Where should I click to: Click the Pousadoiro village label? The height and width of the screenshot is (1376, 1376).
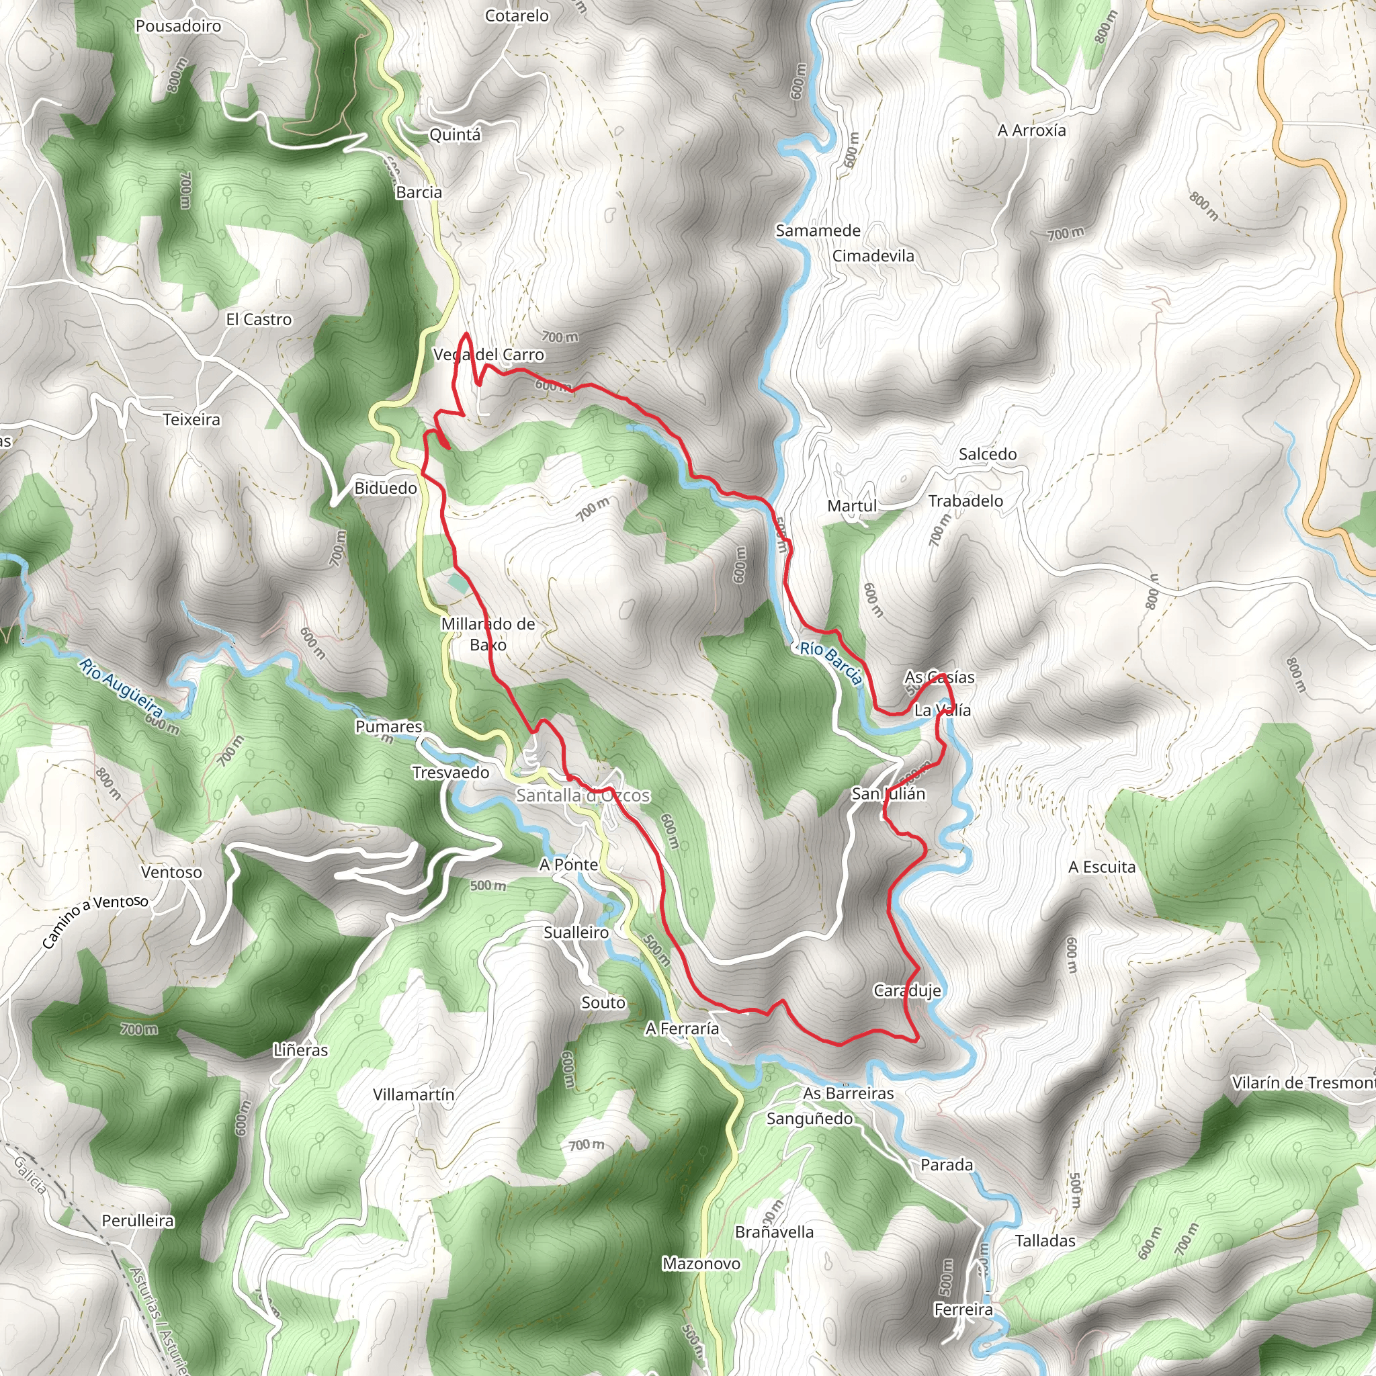pyautogui.click(x=178, y=26)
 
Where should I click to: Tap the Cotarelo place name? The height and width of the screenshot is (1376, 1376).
pyautogui.click(x=517, y=15)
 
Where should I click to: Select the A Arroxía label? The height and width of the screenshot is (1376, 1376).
pyautogui.click(x=1031, y=130)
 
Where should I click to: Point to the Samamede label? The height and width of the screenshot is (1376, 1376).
pyautogui.click(x=818, y=230)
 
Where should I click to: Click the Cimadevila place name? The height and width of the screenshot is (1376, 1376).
pyautogui.click(x=873, y=256)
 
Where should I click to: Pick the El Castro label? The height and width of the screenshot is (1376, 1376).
pyautogui.click(x=259, y=320)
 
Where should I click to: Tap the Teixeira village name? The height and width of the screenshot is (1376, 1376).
pyautogui.click(x=191, y=419)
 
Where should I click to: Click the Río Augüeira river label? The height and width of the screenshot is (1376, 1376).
pyautogui.click(x=120, y=687)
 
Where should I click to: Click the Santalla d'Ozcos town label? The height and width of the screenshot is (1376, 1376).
pyautogui.click(x=583, y=795)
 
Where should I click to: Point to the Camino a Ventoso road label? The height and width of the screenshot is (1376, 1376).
pyautogui.click(x=95, y=922)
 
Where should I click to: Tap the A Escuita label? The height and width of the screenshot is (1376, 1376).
pyautogui.click(x=1101, y=867)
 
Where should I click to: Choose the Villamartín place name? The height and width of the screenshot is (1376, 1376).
pyautogui.click(x=413, y=1094)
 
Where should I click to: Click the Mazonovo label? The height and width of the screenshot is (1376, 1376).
pyautogui.click(x=701, y=1264)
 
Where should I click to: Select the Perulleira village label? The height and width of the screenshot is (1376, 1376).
pyautogui.click(x=138, y=1220)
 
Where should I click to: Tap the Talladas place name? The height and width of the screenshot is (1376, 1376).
pyautogui.click(x=1045, y=1240)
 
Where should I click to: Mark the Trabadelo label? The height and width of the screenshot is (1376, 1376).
pyautogui.click(x=965, y=501)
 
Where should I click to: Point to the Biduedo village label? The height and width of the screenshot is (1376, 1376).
pyautogui.click(x=385, y=488)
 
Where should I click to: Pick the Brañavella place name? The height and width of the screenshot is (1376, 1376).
pyautogui.click(x=773, y=1232)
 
